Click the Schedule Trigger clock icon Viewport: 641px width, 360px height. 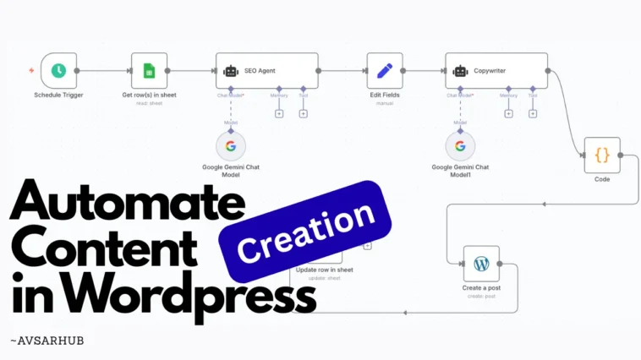58,71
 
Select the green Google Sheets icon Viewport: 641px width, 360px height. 149,71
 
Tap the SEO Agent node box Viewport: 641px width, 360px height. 267,71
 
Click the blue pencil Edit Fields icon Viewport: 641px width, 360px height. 385,71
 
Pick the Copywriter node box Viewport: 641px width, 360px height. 496,71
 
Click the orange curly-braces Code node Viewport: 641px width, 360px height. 602,155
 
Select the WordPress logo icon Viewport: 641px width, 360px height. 481,264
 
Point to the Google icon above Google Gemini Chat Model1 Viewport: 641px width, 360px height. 460,146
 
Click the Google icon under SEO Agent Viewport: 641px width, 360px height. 230,146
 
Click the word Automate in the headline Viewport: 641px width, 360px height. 127,204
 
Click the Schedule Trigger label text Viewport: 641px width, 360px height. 58,95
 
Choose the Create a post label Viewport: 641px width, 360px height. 481,288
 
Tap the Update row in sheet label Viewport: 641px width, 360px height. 324,270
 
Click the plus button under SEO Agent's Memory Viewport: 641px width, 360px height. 279,113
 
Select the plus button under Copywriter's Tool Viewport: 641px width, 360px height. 533,113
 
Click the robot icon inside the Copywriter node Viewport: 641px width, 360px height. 460,71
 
